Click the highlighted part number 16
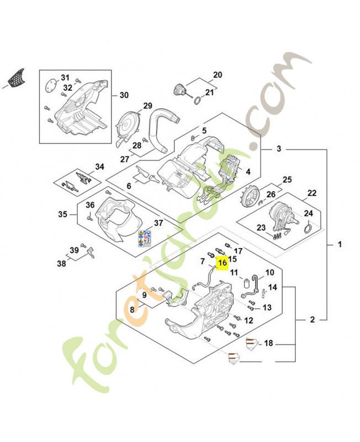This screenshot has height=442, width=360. point(223,263)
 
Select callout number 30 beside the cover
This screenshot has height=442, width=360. point(124,95)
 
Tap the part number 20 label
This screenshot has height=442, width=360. point(217,75)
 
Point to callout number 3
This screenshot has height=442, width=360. point(279,149)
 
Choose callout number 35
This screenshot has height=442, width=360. point(63,214)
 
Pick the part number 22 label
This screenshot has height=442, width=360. point(312,193)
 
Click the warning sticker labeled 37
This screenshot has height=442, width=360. point(143,238)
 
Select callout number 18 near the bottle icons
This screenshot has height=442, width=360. point(269,344)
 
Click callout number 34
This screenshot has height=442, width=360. point(99,166)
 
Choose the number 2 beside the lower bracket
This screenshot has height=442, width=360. point(313,319)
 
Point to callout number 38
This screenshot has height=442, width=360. point(62,264)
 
